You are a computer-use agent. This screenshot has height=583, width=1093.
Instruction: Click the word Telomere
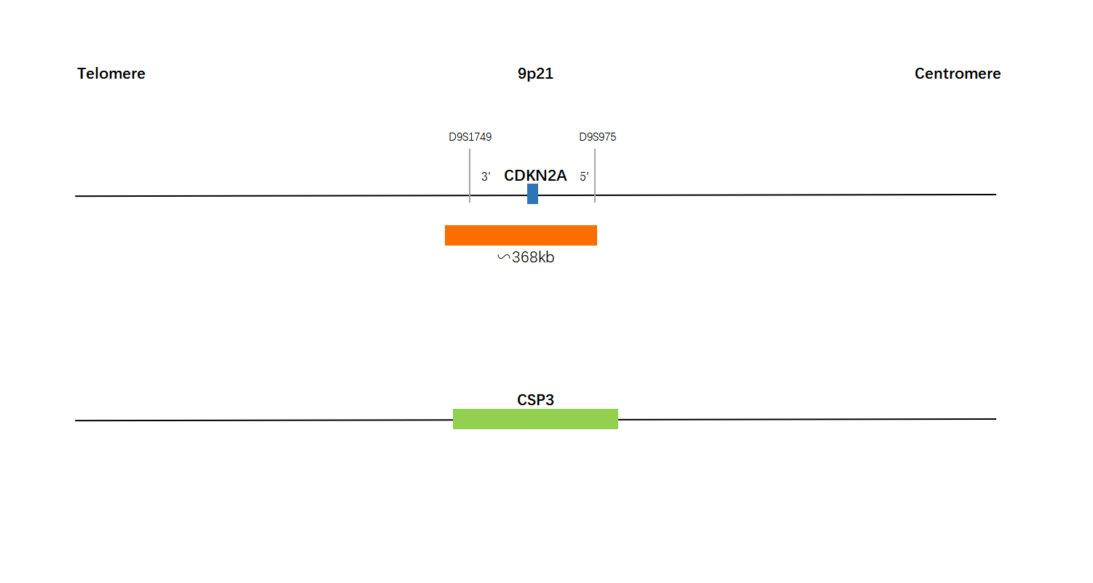[x=111, y=74]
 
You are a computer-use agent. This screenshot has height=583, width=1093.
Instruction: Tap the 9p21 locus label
[x=535, y=74]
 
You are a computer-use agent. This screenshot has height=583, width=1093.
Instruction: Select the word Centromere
[x=958, y=74]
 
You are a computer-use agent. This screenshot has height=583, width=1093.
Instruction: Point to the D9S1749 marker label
[x=470, y=137]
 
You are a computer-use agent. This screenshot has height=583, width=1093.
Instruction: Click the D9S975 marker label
[x=597, y=137]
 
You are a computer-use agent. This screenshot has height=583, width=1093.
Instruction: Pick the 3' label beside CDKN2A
[x=486, y=176]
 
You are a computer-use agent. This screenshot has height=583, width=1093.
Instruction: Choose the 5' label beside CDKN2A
[x=584, y=176]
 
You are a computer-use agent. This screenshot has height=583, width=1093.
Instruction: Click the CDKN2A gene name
[x=535, y=176]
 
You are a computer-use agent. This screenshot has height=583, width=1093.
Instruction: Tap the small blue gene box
[x=532, y=194]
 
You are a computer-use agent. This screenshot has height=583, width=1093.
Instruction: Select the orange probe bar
[x=521, y=235]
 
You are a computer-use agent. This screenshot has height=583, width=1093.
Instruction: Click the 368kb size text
[x=533, y=257]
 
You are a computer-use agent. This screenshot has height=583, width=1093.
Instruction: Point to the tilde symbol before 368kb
[x=504, y=257]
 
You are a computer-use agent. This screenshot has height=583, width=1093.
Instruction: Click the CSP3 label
[x=535, y=400]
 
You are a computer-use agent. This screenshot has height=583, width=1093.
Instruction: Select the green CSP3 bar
[x=535, y=419]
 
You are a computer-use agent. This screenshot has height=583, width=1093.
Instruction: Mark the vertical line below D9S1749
[x=470, y=176]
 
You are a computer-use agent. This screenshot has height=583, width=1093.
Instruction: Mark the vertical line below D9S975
[x=595, y=176]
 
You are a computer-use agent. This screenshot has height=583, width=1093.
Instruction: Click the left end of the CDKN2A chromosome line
[x=75, y=196]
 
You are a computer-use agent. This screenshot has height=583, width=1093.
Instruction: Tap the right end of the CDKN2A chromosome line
[x=996, y=195]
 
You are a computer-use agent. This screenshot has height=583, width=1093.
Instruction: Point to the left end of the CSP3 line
[x=75, y=420]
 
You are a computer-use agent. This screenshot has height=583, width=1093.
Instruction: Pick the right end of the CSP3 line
[x=996, y=419]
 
